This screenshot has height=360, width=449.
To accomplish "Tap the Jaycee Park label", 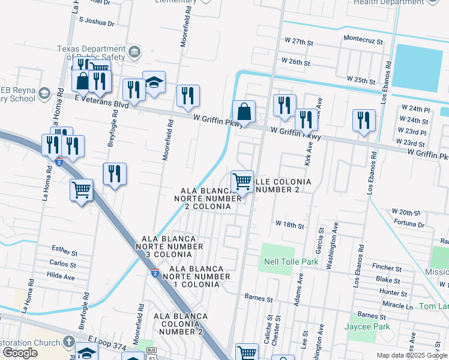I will (367, 326).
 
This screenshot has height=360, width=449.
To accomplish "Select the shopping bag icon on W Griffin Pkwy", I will (244, 112).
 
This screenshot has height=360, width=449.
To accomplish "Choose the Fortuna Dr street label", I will (409, 224).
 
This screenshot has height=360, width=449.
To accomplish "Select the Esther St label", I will (64, 250).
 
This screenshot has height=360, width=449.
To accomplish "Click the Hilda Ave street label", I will (62, 277).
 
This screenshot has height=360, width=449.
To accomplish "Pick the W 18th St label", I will (291, 223).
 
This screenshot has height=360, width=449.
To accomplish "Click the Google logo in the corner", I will (20, 353).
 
